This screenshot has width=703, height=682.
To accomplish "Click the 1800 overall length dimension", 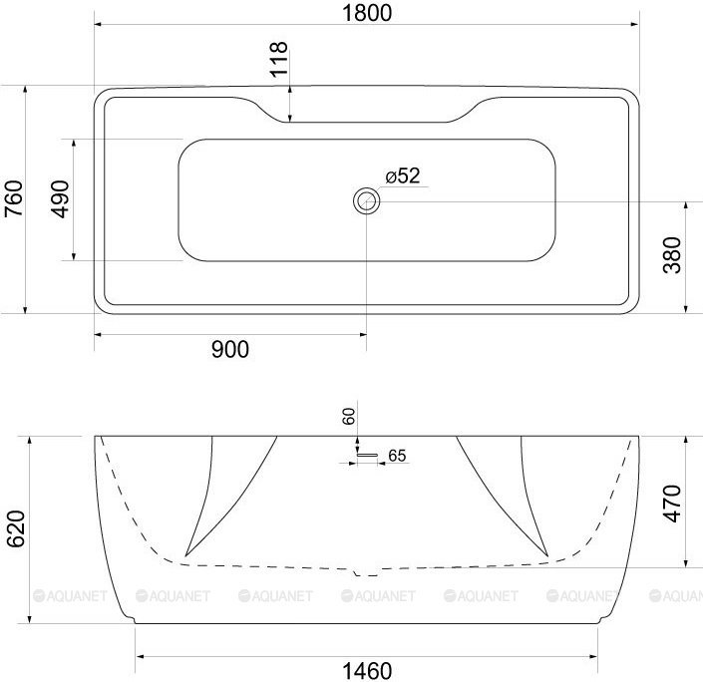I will click(365, 13).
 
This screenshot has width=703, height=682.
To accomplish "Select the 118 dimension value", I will click(279, 60).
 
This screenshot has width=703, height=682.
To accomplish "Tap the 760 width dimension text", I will click(13, 199).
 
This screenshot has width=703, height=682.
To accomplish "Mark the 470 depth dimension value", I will click(671, 504).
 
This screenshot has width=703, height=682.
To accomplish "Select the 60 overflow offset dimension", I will click(349, 417).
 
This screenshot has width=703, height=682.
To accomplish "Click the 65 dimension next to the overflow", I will click(396, 456).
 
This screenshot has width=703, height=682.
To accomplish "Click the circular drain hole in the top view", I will click(366, 201).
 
